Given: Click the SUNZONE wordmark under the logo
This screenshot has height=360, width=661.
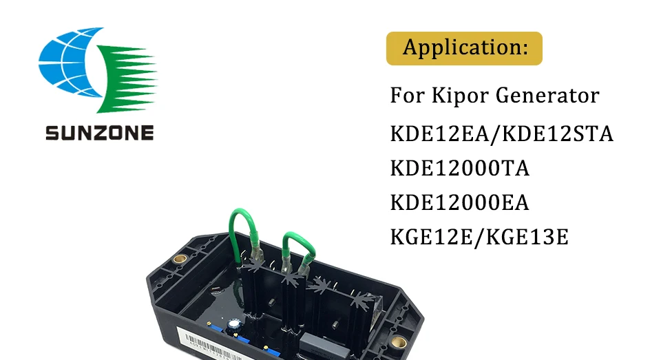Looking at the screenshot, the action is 99,132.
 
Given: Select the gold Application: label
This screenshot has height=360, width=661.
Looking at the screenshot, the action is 464,48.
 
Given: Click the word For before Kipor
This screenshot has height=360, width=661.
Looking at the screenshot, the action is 407,96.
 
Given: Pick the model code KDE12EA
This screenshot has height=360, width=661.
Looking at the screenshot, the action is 441,134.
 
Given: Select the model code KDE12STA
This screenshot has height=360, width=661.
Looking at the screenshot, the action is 558,134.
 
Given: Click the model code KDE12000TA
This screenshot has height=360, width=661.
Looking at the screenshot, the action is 460,168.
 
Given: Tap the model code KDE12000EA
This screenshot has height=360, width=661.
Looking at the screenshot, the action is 460,203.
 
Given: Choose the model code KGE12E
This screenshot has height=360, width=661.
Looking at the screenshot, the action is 434,238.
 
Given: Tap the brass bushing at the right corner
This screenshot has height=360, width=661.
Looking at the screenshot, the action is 397,341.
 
